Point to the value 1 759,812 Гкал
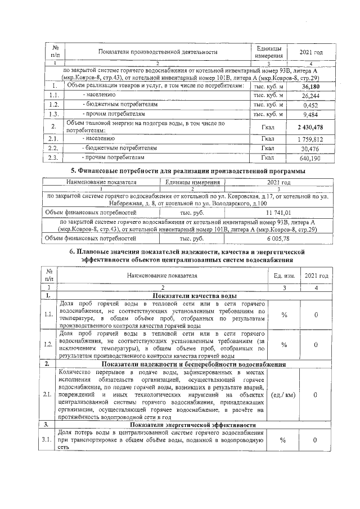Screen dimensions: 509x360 point(310,139)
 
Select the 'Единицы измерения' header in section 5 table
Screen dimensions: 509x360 point(192,183)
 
